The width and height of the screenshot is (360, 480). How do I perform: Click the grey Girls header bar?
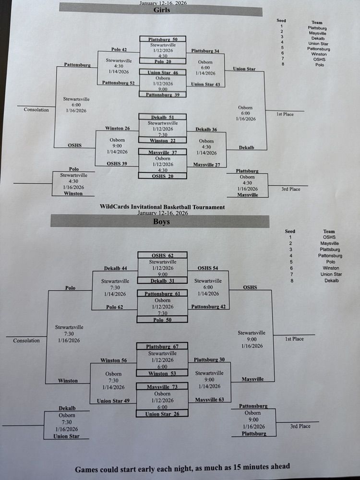point(161,10)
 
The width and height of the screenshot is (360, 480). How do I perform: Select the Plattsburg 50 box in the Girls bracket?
point(163,39)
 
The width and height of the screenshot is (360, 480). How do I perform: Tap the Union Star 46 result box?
point(163,72)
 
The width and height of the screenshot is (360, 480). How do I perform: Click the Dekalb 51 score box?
point(162,117)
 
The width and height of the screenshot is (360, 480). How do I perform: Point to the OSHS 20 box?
point(162,176)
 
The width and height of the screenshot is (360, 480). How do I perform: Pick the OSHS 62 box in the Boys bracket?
point(162,256)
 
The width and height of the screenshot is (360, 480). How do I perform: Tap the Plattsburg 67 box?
point(162,347)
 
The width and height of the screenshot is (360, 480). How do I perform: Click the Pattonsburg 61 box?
point(162,293)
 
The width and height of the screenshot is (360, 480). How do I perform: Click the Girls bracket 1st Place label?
point(286,114)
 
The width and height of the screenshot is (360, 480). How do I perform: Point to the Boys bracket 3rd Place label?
point(300,426)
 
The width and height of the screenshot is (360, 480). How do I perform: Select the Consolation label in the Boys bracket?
point(26,340)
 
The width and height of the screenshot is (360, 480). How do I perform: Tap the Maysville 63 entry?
point(209,399)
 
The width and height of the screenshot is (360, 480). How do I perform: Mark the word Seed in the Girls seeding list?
point(281,21)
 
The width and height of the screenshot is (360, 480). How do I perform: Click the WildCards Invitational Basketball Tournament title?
point(162,207)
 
